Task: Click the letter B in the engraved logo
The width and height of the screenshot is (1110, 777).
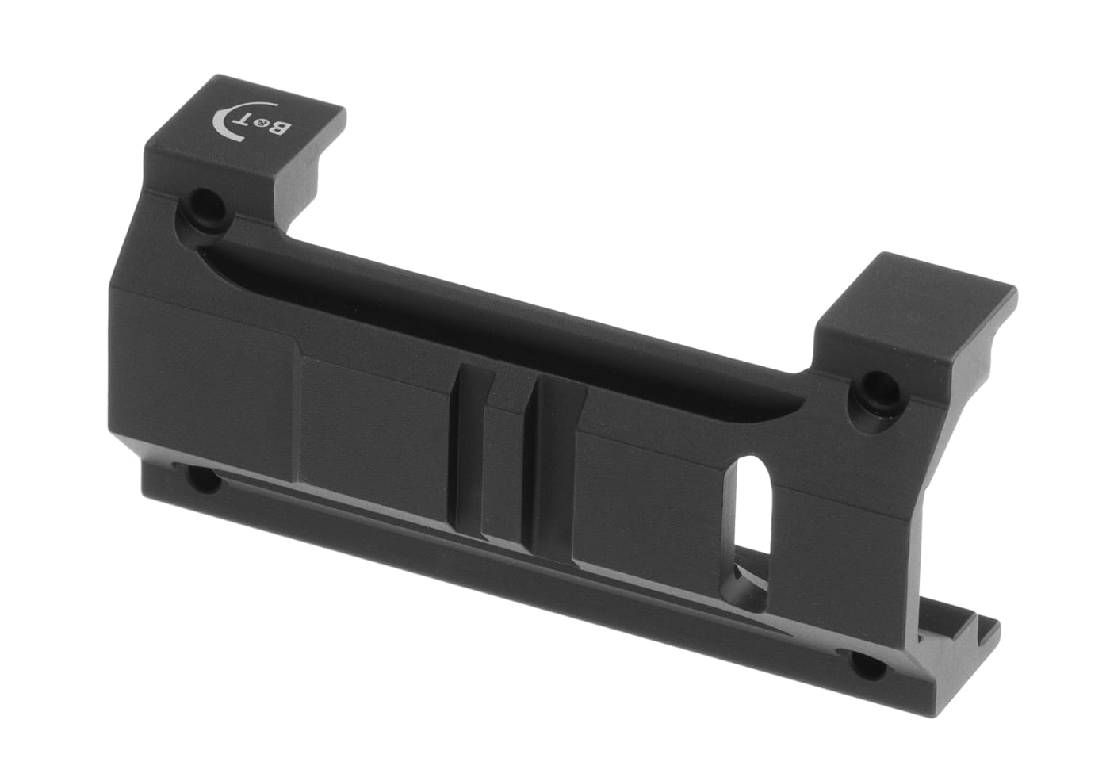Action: (280, 129)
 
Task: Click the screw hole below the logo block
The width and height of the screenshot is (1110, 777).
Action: (206, 205)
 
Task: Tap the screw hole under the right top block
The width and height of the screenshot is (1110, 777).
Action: (875, 390)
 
